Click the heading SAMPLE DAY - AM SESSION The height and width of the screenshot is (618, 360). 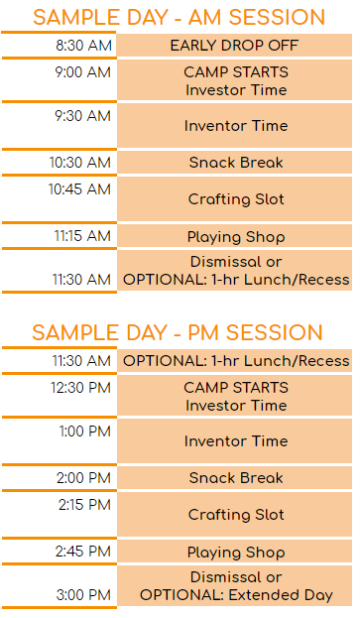(179, 17)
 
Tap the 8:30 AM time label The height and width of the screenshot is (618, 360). (84, 46)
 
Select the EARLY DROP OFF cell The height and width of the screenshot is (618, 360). (234, 46)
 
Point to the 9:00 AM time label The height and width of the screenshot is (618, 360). (84, 72)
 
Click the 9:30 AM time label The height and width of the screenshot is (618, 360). (84, 116)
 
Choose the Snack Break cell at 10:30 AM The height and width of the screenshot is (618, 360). (235, 163)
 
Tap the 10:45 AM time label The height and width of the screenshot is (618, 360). (82, 188)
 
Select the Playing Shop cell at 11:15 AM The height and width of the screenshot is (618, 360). (235, 237)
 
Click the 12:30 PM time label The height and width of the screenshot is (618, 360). (82, 388)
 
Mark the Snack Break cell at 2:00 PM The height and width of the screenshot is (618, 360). (235, 478)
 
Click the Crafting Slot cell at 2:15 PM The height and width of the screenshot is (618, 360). (235, 515)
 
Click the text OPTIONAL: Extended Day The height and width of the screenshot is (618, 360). (235, 595)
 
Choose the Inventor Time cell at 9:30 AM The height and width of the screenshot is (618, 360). (235, 126)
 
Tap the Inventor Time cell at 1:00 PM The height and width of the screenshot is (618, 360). (235, 441)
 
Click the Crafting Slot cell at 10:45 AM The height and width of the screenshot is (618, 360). (235, 199)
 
